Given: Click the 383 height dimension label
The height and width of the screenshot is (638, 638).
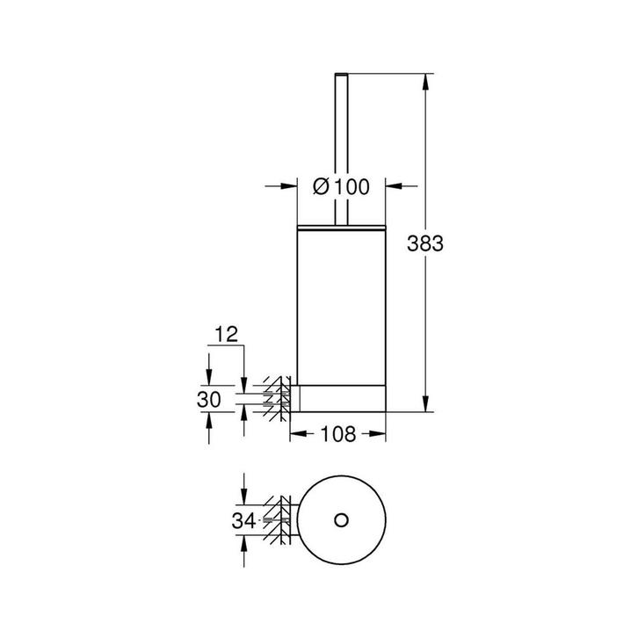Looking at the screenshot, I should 425,245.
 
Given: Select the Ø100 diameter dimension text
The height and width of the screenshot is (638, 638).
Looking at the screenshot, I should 342,186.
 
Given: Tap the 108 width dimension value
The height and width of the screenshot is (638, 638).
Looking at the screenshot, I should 339,434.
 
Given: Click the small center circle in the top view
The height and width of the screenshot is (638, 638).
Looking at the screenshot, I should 338,520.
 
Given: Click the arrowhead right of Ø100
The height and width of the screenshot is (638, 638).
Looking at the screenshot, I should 395,186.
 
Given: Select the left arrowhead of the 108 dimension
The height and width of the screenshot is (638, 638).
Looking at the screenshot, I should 296,434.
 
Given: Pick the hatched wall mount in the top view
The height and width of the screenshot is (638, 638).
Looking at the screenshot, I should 282,520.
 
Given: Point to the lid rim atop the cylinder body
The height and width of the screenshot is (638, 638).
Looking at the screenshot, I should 340,227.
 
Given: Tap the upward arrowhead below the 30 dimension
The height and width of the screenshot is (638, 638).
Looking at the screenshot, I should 209,421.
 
